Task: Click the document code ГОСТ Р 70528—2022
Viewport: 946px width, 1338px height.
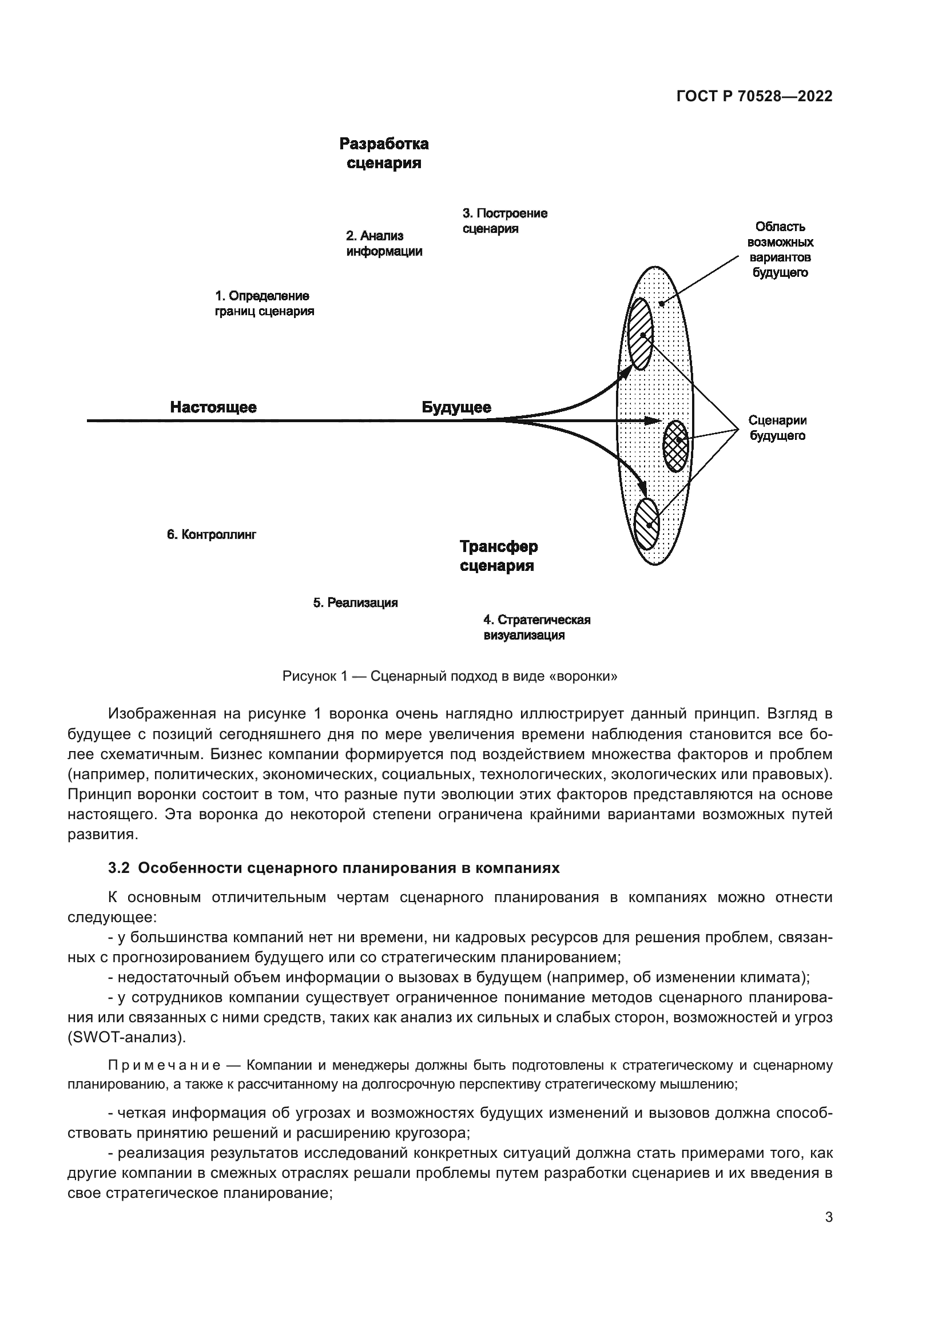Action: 754,97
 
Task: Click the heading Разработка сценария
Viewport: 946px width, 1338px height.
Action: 384,153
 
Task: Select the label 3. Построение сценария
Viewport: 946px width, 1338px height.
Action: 504,221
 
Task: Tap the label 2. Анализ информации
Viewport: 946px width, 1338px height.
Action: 384,244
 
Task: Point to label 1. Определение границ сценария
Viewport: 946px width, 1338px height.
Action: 264,304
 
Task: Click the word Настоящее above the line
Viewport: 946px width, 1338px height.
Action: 213,407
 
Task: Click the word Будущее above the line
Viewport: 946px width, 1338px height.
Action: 456,407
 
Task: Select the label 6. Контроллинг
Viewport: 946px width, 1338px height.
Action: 212,534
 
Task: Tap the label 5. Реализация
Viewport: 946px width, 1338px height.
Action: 355,602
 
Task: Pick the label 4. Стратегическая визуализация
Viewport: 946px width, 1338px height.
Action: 536,627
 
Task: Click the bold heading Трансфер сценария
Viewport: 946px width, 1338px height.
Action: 499,556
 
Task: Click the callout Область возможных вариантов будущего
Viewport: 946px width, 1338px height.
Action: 780,249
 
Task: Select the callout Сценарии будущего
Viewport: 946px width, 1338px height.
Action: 777,428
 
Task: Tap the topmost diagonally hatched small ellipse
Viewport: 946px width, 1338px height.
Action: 640,334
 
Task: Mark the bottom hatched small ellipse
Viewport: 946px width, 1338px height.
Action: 646,524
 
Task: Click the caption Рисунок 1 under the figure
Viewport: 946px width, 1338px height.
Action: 450,676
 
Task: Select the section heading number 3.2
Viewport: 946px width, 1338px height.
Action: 118,868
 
